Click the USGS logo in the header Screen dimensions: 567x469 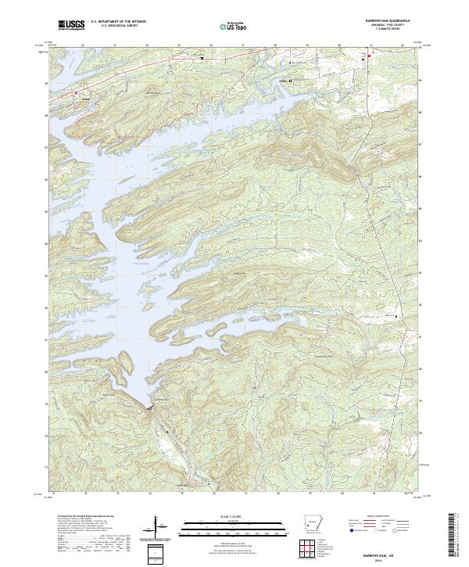coord(72,25)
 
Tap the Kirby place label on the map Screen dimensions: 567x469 coord(283,80)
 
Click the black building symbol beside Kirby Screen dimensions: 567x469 coord(292,80)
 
